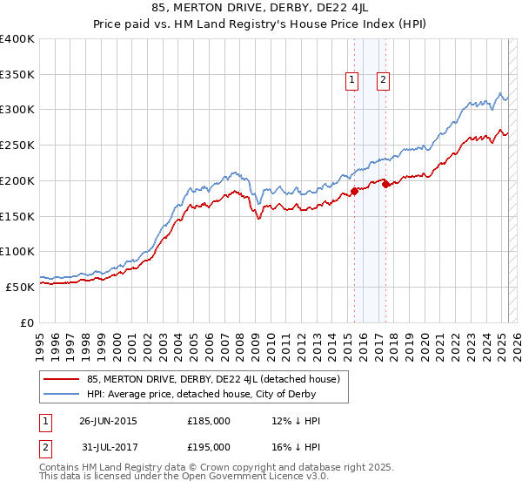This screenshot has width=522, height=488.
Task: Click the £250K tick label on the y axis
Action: (17, 145)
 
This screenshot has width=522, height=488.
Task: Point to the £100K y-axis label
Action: (17, 251)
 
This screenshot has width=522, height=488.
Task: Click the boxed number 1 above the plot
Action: (352, 81)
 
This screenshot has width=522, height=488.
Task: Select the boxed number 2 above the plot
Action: (383, 81)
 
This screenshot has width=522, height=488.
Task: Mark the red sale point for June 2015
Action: (354, 192)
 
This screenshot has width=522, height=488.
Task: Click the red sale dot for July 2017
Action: (385, 184)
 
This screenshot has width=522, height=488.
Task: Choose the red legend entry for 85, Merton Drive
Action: (217, 379)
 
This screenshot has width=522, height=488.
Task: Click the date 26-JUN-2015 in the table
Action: (108, 421)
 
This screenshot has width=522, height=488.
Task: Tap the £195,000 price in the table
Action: (209, 446)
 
